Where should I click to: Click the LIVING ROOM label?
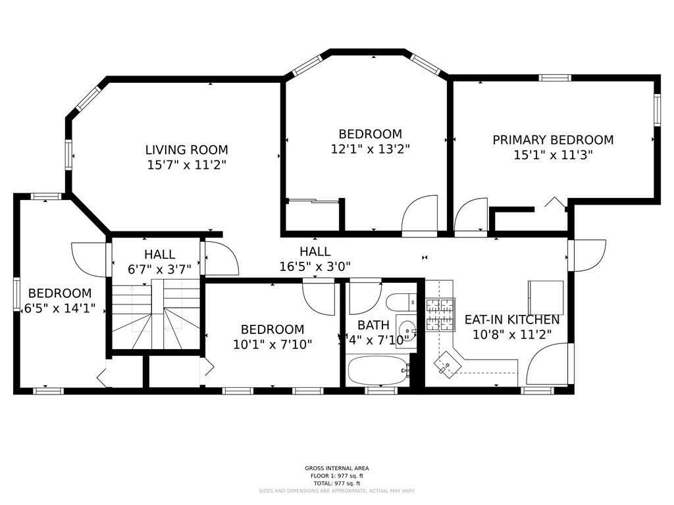coord(186,150)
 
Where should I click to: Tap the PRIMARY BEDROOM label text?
coord(553,140)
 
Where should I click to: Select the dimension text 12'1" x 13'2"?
coord(370,149)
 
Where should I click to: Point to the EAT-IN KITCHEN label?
coord(512,320)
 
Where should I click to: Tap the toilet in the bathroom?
coord(399,303)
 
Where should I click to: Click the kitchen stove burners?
coord(440,314)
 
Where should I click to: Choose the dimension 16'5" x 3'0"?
coord(315,266)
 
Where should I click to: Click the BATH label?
coord(373,325)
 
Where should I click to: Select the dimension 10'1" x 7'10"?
coord(272,343)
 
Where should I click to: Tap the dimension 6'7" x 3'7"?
coord(159,268)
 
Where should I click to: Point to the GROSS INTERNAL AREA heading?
coord(336,468)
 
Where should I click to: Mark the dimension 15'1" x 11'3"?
coord(553,155)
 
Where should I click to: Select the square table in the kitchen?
coord(546,298)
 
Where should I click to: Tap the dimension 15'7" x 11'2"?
coord(186,164)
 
